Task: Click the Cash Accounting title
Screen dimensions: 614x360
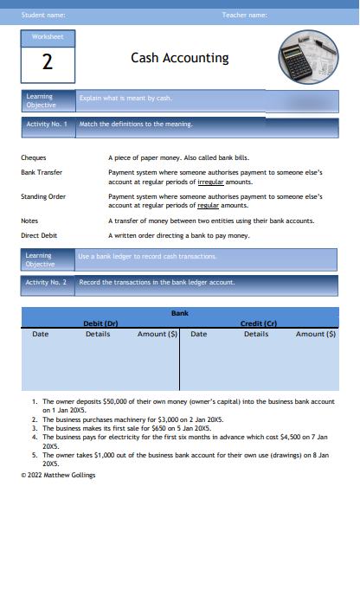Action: click(180, 58)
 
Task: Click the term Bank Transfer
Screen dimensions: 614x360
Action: click(42, 172)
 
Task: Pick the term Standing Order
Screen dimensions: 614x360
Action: click(43, 196)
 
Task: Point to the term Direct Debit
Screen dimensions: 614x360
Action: click(38, 234)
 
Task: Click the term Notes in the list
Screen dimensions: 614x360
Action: click(29, 221)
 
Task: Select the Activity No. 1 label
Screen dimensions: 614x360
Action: click(47, 124)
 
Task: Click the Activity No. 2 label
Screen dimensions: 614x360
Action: click(47, 282)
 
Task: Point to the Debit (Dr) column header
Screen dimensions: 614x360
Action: click(100, 323)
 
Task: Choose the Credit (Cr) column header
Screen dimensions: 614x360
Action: click(257, 323)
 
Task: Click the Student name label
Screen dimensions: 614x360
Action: click(43, 15)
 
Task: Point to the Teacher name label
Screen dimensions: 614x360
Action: click(244, 15)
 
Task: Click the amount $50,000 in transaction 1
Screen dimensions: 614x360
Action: click(115, 402)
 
